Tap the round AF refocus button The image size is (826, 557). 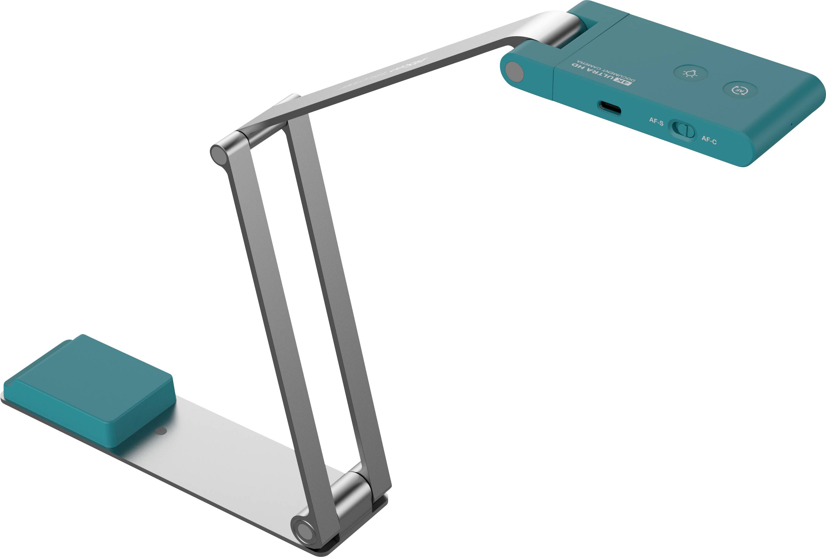point(740,90)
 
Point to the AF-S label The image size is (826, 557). point(656,122)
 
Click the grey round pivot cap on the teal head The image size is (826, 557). point(514,72)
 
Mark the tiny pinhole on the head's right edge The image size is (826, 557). point(792,124)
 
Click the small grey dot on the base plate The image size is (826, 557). point(161,431)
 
